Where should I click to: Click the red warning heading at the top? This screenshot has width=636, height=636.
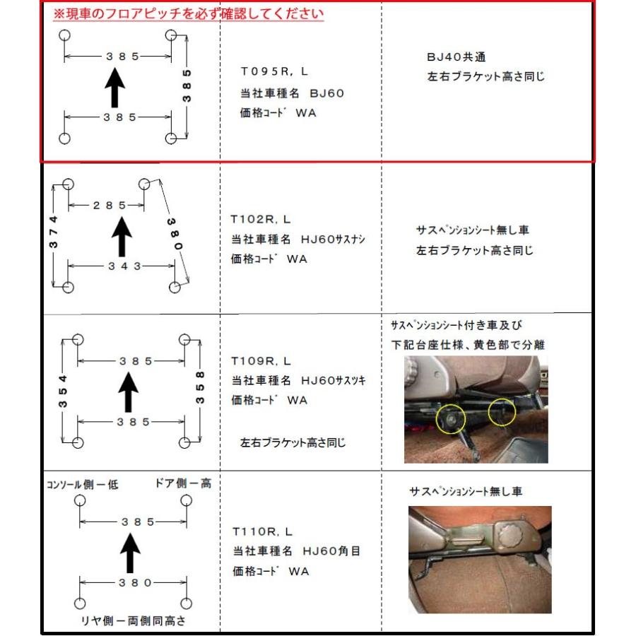pyautogui.click(x=188, y=14)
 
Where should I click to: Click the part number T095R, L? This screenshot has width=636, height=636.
pyautogui.click(x=274, y=71)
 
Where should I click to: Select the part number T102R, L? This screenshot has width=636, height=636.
pyautogui.click(x=260, y=220)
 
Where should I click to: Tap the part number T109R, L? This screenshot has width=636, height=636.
pyautogui.click(x=261, y=360)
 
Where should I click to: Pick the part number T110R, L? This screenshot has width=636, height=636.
pyautogui.click(x=262, y=531)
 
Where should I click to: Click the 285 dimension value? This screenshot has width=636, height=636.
pyautogui.click(x=110, y=205)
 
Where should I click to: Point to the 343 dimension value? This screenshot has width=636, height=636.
pyautogui.click(x=124, y=266)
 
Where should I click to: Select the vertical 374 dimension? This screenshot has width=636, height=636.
pyautogui.click(x=54, y=232)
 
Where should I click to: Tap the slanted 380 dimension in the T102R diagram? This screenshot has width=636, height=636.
pyautogui.click(x=175, y=234)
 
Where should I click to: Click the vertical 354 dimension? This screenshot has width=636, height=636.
pyautogui.click(x=62, y=391)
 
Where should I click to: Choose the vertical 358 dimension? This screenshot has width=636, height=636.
pyautogui.click(x=200, y=388)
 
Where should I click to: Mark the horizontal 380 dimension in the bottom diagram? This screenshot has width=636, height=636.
pyautogui.click(x=135, y=583)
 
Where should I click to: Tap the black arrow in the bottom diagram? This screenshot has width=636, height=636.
pyautogui.click(x=130, y=553)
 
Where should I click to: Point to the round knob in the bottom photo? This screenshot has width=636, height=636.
pyautogui.click(x=512, y=536)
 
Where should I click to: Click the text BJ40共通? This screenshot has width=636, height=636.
pyautogui.click(x=457, y=57)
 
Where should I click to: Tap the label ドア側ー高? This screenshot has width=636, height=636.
pyautogui.click(x=183, y=483)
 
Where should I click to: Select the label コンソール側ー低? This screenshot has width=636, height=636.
pyautogui.click(x=83, y=484)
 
